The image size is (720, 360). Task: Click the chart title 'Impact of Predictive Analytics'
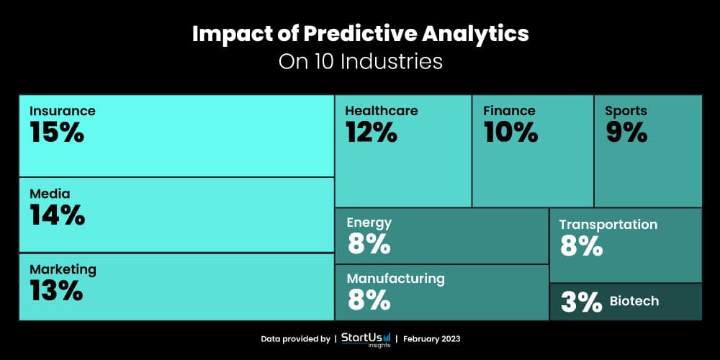[x=360, y=34]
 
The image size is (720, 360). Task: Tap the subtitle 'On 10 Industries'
[x=360, y=61]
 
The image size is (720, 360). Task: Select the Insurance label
[x=63, y=111]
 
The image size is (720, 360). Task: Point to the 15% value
[x=57, y=132]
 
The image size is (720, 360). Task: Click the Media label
[x=50, y=194]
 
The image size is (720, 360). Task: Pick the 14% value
[x=57, y=215]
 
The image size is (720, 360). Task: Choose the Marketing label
[x=63, y=269]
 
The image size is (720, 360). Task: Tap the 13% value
[x=56, y=291]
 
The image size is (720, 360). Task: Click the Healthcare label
[x=381, y=111]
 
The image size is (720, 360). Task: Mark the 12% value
[x=371, y=132]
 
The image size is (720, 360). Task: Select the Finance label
[x=509, y=111]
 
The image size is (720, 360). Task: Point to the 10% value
[x=510, y=132]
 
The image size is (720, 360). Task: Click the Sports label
[x=626, y=111]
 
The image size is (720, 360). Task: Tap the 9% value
[x=626, y=132]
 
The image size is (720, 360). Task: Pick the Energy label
[x=369, y=222]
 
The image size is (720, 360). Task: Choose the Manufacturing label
[x=395, y=278]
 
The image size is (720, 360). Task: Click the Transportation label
[x=608, y=225]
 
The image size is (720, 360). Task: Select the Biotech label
[x=634, y=301]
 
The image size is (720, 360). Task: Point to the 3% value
[x=581, y=302]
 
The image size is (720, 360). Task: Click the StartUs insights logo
[x=366, y=338]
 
